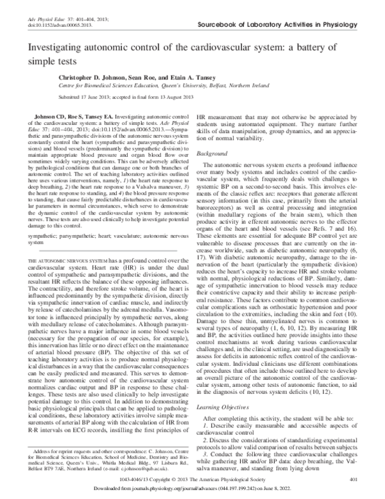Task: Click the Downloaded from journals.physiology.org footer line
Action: point(193,488)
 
